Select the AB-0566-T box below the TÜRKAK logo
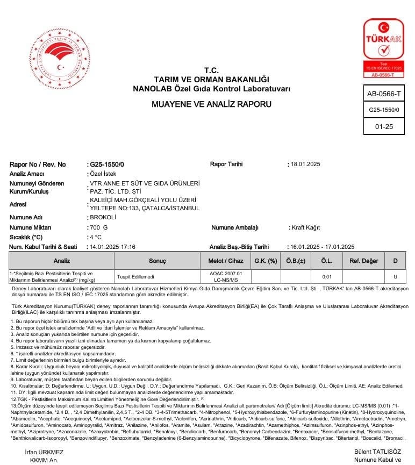click(383, 94)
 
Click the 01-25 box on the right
click(383, 126)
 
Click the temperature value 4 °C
click(96, 237)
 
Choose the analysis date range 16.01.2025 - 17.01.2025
click(322, 247)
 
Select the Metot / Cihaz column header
click(222, 261)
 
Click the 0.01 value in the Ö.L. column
click(326, 277)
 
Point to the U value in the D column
click(395, 277)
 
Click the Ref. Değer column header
click(364, 261)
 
